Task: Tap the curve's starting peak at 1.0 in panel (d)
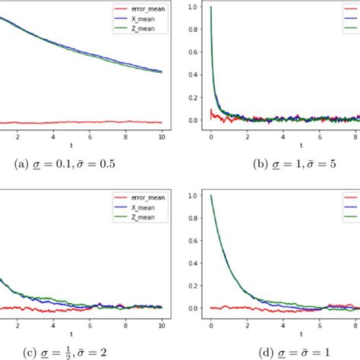click(211, 196)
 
